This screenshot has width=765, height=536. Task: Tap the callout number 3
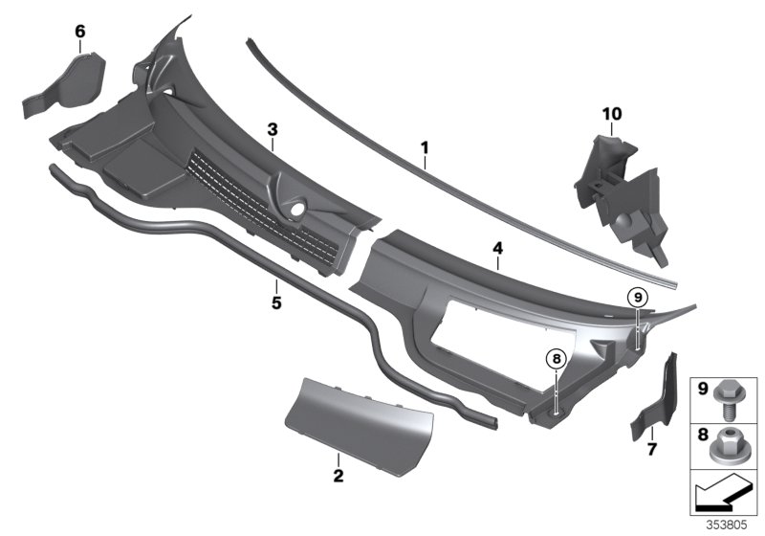[x=273, y=128]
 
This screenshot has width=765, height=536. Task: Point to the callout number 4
[x=496, y=248]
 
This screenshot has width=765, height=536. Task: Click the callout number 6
[x=80, y=32]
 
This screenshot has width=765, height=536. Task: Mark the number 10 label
[x=611, y=114]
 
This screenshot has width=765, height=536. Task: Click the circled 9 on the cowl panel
[x=639, y=297]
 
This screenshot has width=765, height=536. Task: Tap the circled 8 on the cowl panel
[x=556, y=360]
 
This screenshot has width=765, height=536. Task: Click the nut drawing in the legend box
[x=724, y=442]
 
